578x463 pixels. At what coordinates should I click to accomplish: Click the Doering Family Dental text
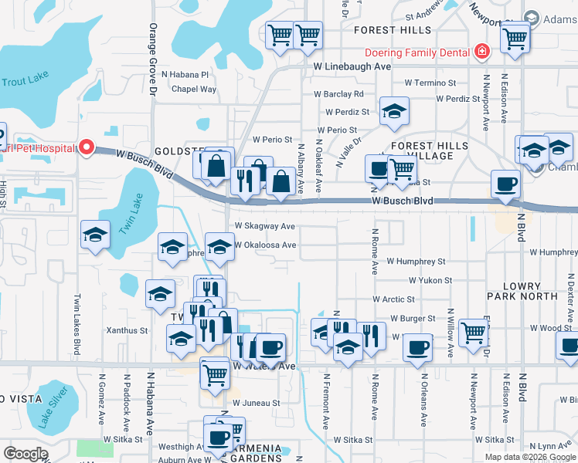(417, 52)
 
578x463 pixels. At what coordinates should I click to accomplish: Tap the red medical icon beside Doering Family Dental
(481, 52)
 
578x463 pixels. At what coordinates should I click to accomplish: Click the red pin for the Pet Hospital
(87, 147)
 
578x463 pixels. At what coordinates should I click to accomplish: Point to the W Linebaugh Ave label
(352, 67)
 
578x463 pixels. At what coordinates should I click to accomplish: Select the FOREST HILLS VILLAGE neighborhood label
(429, 151)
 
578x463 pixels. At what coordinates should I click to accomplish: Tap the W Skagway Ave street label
(265, 226)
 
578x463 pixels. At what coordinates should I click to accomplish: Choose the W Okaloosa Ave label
(267, 245)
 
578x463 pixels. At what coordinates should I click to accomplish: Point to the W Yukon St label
(430, 280)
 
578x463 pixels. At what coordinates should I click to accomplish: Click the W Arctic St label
(394, 299)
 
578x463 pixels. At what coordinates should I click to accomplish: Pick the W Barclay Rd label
(338, 94)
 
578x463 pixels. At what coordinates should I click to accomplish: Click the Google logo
(25, 454)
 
